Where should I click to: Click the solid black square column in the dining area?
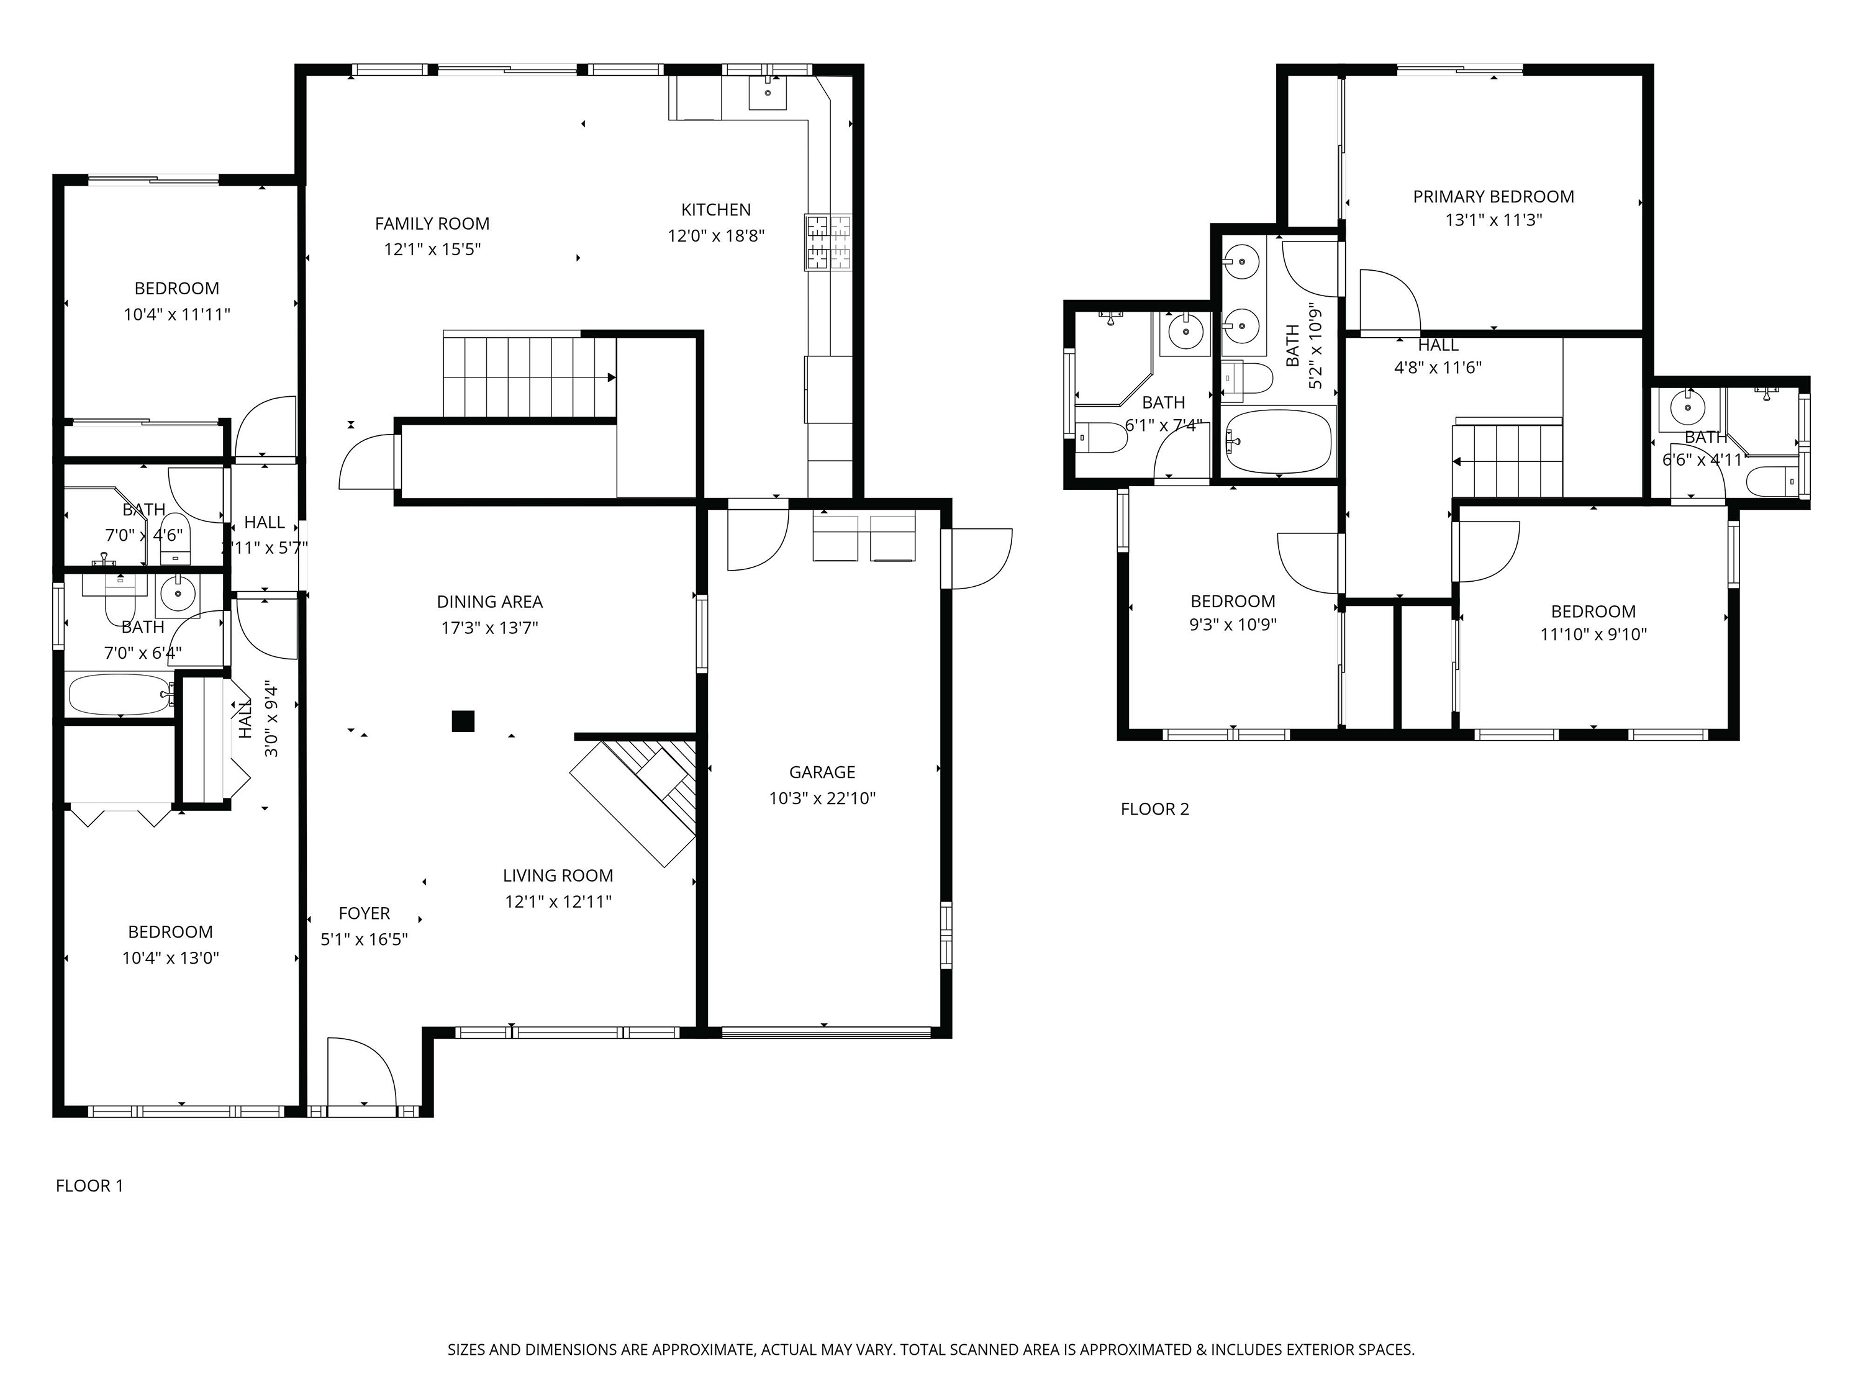(x=463, y=721)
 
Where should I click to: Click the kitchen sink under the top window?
(x=768, y=92)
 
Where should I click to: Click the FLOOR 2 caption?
(x=1154, y=809)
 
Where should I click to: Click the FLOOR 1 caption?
(x=89, y=1187)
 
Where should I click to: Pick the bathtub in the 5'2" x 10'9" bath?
(x=1279, y=442)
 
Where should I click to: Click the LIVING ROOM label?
(x=558, y=875)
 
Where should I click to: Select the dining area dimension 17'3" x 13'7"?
(x=489, y=627)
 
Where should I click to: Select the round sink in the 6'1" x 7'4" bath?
(x=1185, y=331)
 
